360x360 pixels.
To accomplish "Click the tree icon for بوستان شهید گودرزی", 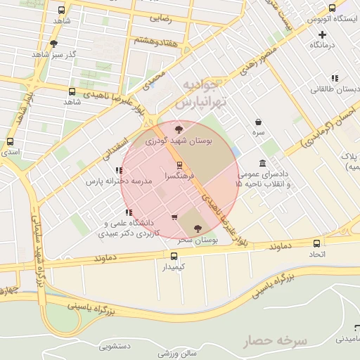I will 179,129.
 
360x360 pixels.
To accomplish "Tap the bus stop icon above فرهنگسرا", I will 179,165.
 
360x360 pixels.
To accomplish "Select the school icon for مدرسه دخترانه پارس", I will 118,170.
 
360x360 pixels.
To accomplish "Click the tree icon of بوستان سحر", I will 196,228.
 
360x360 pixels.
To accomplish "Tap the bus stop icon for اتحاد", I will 316,244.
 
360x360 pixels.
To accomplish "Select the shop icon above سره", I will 259,121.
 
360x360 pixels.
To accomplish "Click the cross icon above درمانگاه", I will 323,34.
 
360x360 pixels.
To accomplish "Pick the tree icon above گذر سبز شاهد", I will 54,43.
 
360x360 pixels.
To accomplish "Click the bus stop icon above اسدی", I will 10,141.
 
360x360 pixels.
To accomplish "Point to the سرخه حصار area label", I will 276,341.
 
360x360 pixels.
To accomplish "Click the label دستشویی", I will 116,346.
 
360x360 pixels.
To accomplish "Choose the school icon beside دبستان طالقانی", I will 335,78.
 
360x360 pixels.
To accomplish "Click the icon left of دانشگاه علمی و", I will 127,212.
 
